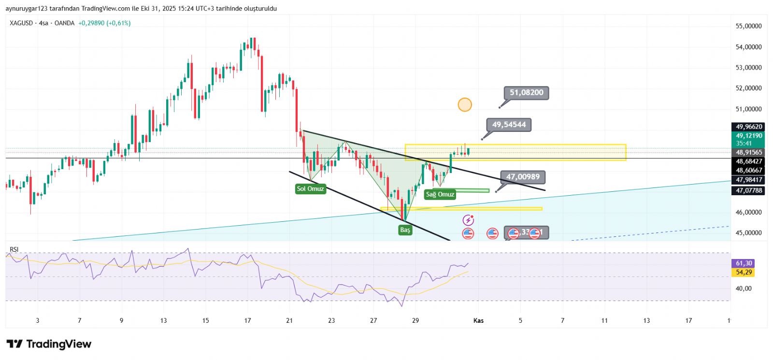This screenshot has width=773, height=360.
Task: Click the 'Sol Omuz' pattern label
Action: [310, 189]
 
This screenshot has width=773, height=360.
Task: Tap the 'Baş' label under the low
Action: [405, 230]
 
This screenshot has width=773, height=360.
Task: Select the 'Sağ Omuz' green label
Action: [440, 194]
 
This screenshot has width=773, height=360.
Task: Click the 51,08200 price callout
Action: [526, 93]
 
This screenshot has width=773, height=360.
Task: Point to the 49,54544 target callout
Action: [509, 125]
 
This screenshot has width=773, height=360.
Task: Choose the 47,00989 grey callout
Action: [523, 177]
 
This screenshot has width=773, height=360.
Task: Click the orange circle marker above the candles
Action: [465, 104]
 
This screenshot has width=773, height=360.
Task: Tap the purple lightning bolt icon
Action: [468, 221]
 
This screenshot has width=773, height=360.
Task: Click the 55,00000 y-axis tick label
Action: [748, 26]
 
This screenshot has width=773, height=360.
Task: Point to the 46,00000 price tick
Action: [748, 212]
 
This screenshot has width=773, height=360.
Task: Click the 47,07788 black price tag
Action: [748, 191]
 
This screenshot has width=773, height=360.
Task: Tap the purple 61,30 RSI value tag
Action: [744, 263]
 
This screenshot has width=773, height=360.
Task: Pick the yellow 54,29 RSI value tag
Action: [744, 273]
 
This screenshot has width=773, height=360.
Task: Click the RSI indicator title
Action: [14, 249]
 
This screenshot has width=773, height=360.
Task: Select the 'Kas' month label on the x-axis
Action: [478, 320]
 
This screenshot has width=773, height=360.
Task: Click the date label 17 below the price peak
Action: [247, 320]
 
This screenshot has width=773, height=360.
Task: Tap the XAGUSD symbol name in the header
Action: [21, 23]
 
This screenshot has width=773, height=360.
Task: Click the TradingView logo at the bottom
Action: [49, 344]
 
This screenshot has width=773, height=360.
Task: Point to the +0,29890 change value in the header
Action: [91, 23]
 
